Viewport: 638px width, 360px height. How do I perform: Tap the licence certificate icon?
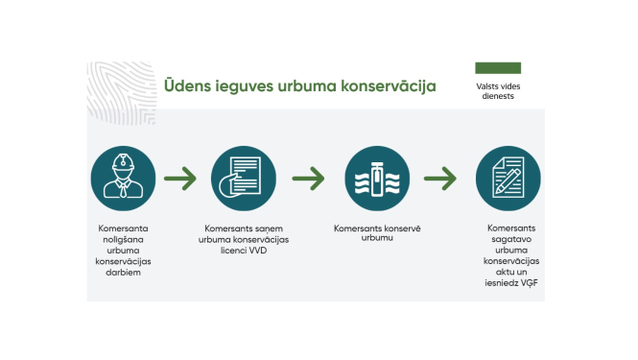(x=245, y=179)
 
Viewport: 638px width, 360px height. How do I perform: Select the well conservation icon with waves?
(x=376, y=179)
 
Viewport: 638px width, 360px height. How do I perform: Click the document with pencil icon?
(x=508, y=179)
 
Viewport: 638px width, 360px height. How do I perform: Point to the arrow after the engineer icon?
(x=181, y=179)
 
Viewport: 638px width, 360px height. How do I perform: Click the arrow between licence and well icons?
(x=310, y=179)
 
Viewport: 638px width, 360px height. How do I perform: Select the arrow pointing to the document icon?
(x=441, y=179)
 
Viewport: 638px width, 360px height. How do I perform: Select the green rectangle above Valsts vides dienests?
(x=498, y=68)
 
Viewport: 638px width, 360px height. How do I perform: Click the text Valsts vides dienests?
(x=498, y=91)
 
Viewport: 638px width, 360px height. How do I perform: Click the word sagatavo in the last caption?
(x=510, y=239)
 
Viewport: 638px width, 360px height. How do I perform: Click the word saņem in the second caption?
(x=272, y=229)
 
